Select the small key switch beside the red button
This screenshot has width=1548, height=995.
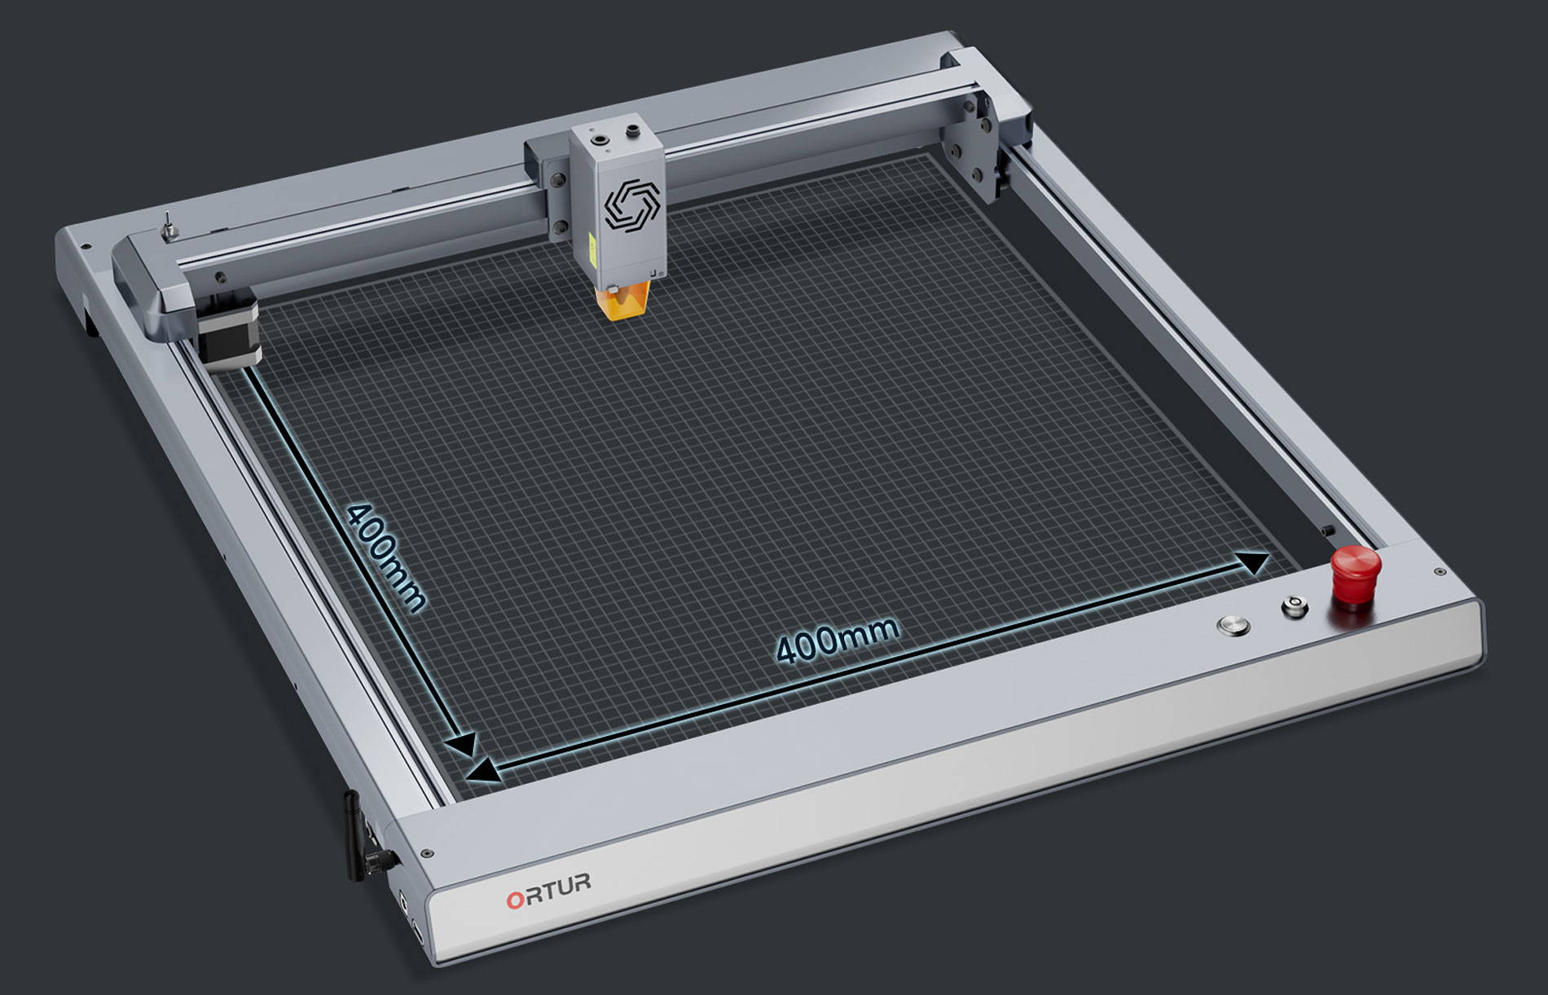pyautogui.click(x=1293, y=605)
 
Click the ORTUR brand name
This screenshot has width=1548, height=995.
pyautogui.click(x=548, y=891)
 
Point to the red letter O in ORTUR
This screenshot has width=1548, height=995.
pyautogui.click(x=516, y=900)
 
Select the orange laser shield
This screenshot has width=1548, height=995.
pyautogui.click(x=626, y=301)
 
